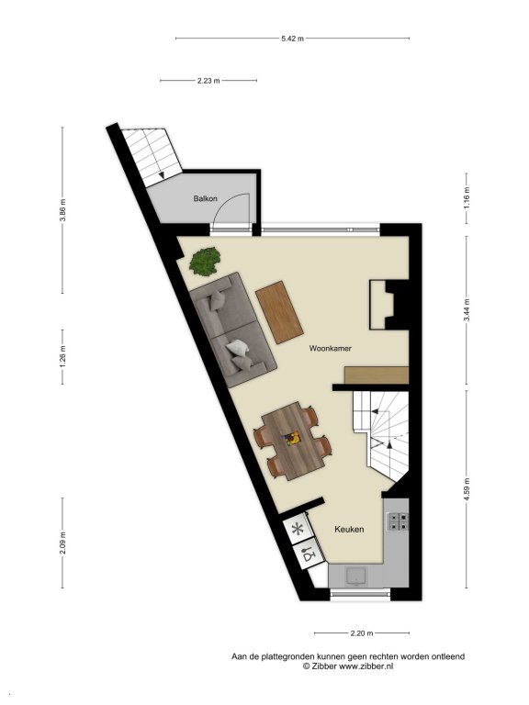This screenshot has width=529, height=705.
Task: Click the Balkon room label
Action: tap(205, 198)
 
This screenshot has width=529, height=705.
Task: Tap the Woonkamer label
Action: tap(331, 349)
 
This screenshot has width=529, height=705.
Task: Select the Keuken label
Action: tap(349, 529)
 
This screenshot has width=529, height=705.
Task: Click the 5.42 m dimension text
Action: tap(292, 39)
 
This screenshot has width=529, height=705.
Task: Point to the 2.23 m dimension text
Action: tap(208, 81)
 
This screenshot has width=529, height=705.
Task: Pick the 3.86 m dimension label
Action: tap(63, 210)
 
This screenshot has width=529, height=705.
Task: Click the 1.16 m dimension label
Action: tap(467, 198)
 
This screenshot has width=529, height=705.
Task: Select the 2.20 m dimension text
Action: tap(362, 633)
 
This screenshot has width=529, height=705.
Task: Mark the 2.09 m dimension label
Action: tap(63, 543)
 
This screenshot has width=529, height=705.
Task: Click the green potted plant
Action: tap(205, 262)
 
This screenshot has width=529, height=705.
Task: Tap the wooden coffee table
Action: tap(279, 312)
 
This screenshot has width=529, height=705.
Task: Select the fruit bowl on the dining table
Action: tap(291, 439)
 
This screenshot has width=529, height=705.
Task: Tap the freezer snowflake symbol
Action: tap(298, 529)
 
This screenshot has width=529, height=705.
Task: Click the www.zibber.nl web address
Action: tap(366, 666)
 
